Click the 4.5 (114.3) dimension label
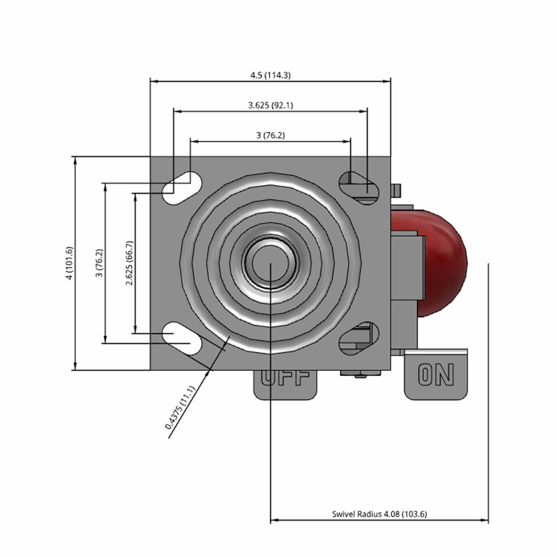[270, 76]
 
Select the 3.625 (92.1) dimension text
[271, 105]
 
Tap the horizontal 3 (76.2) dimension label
[271, 135]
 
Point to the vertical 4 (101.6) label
[70, 263]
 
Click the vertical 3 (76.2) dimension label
[99, 263]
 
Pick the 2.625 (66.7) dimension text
[130, 263]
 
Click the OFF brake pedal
[285, 385]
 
